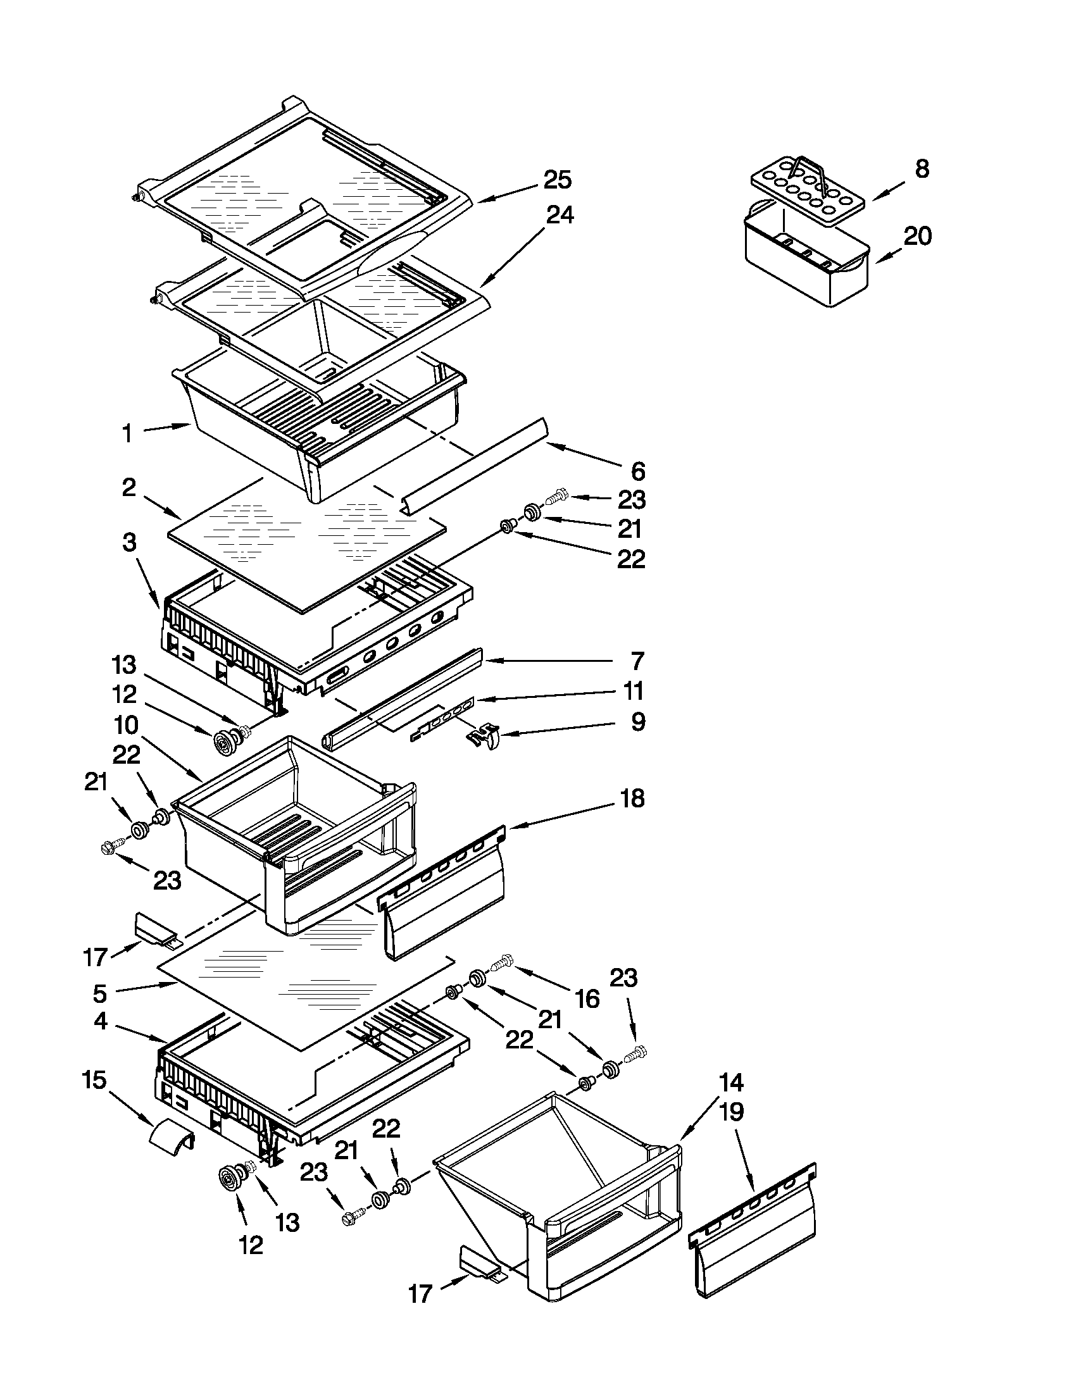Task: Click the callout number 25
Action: [x=557, y=180]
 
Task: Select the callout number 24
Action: [x=560, y=214]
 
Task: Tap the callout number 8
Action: [x=922, y=169]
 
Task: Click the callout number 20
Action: [x=917, y=237]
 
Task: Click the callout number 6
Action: [x=638, y=471]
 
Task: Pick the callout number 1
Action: [x=127, y=434]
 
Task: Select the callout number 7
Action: [x=637, y=661]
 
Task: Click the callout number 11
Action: [x=634, y=691]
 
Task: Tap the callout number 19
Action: [x=731, y=1112]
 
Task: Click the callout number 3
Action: [x=129, y=542]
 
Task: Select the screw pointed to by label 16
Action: [x=502, y=959]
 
